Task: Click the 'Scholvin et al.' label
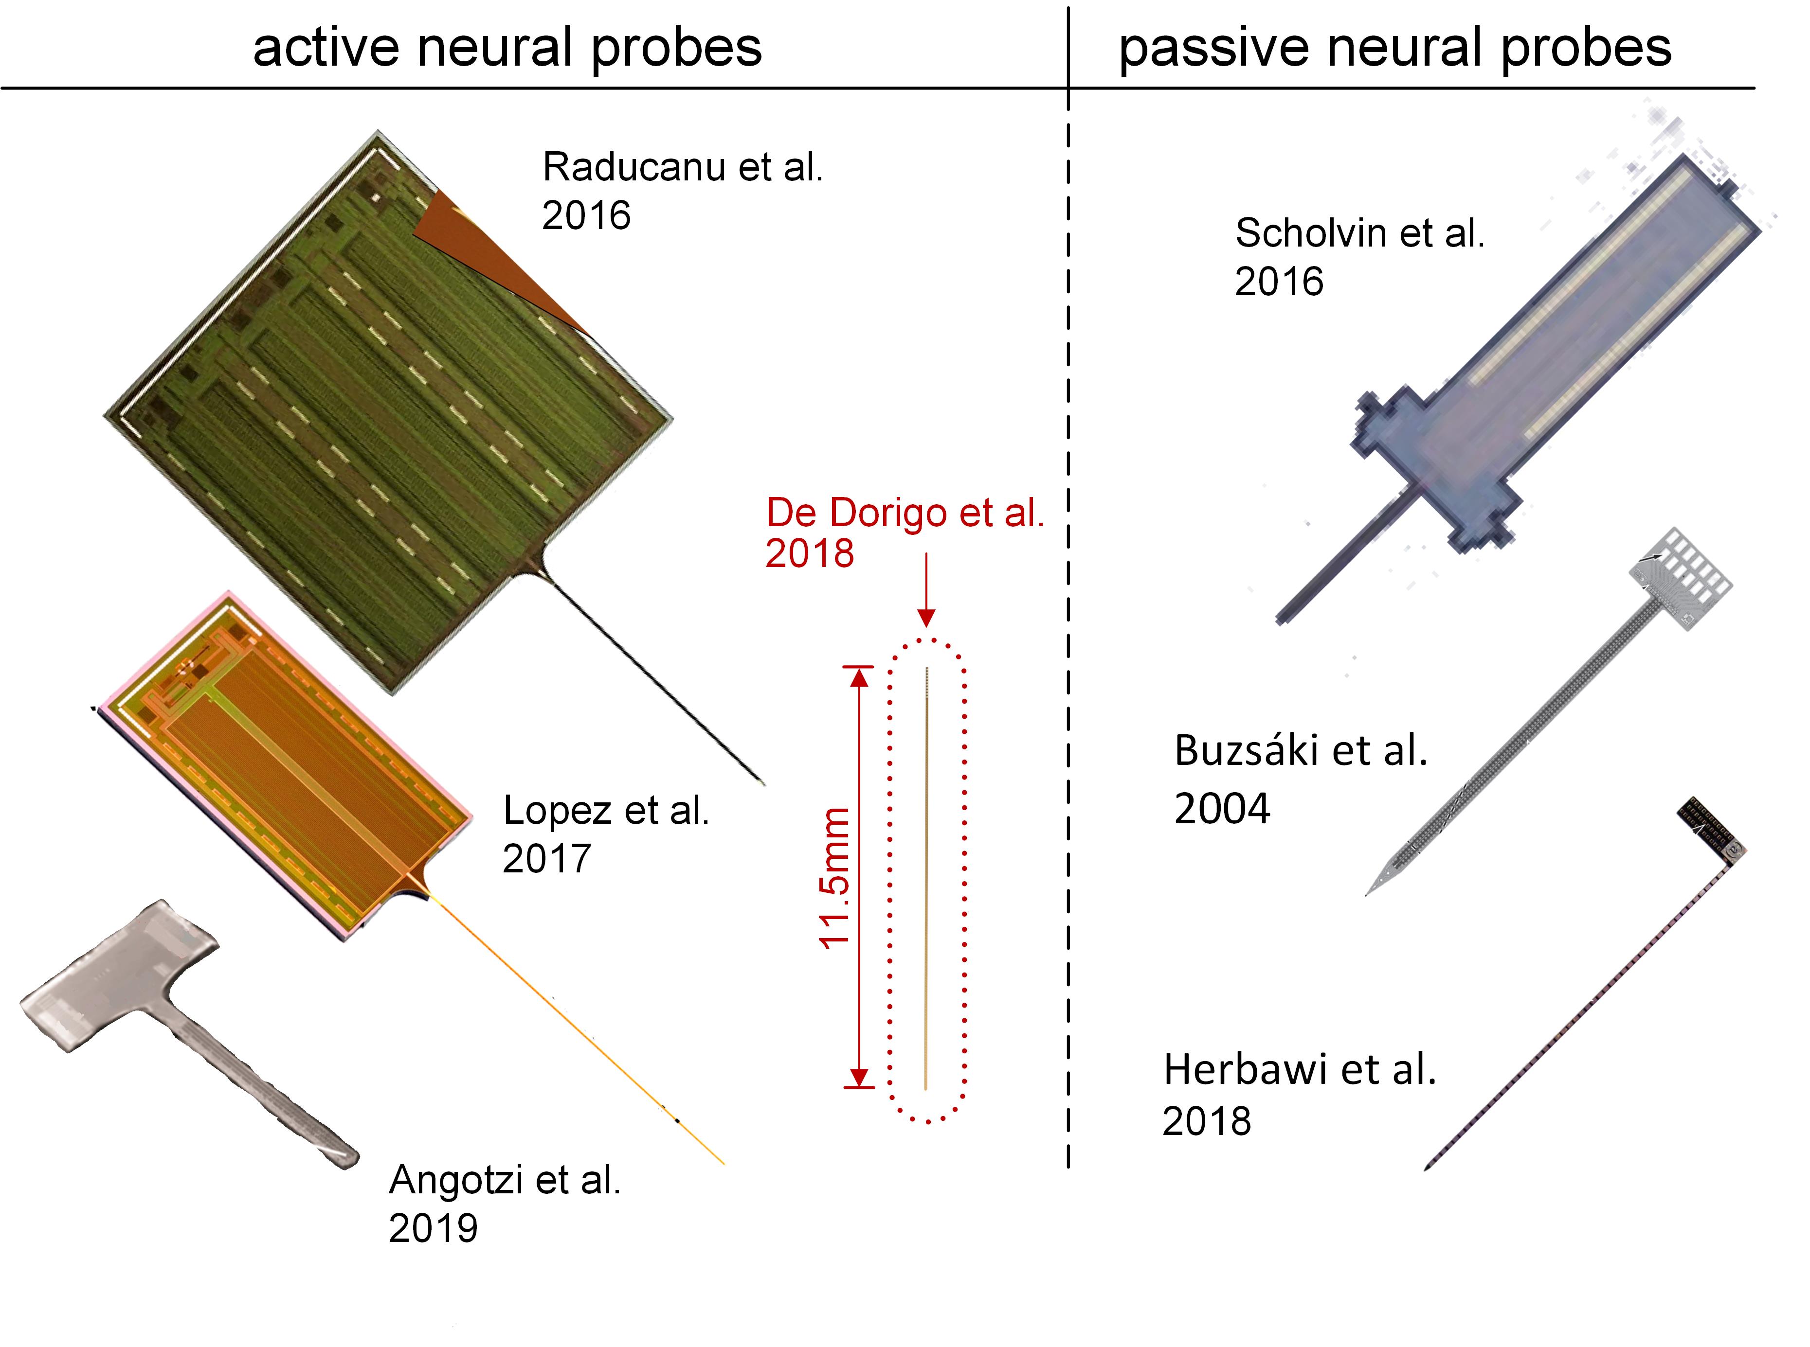coord(1359,233)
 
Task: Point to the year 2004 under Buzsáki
coord(1222,809)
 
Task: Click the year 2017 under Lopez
coord(546,859)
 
